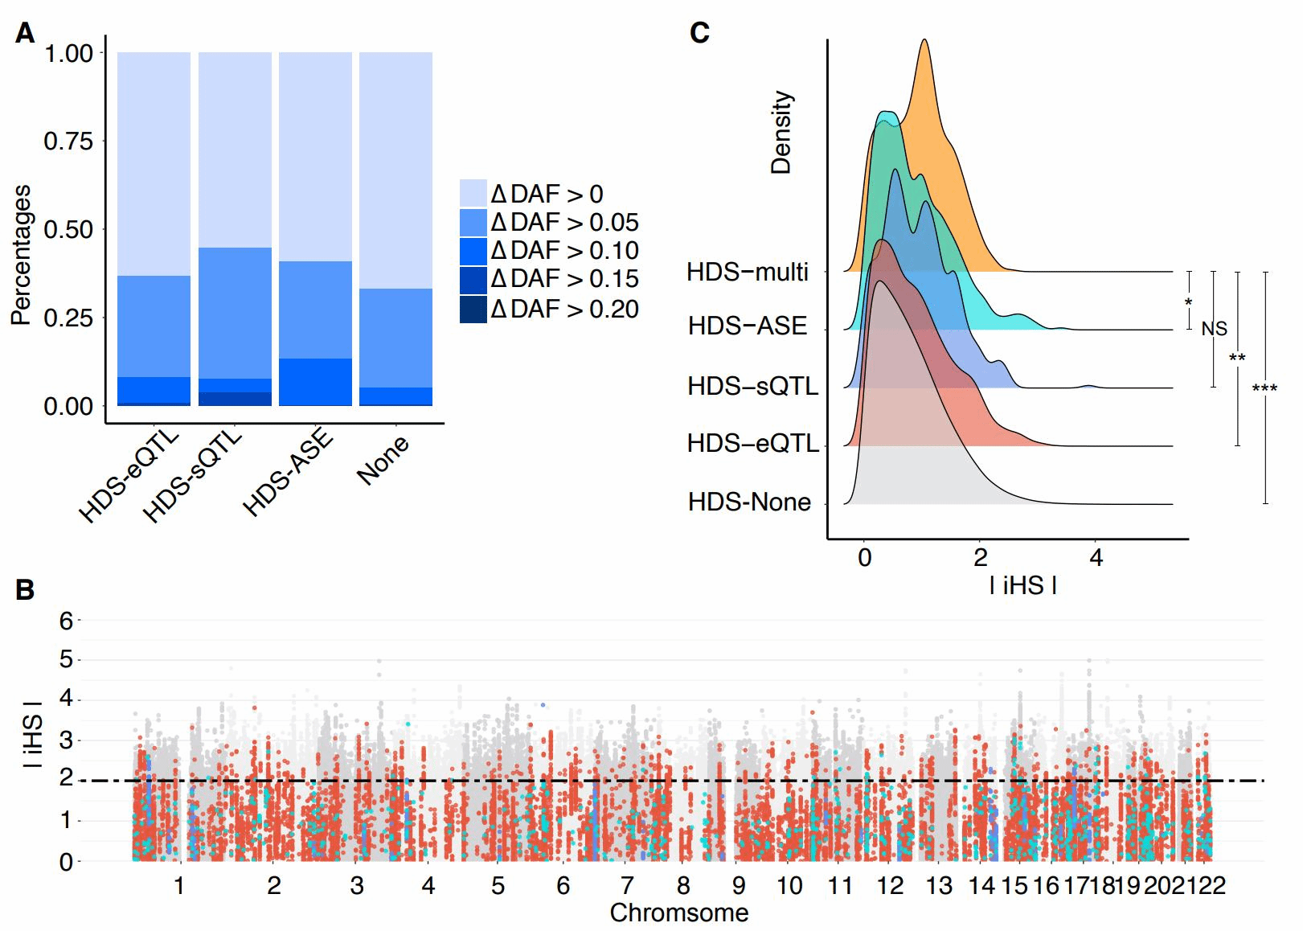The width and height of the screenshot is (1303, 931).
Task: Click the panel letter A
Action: click(25, 34)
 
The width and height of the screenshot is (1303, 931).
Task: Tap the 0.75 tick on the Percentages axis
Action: click(68, 141)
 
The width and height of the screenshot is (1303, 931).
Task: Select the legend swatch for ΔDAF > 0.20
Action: click(473, 310)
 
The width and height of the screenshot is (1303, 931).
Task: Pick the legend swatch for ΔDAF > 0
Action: click(473, 194)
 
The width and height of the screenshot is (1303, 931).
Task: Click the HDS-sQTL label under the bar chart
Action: click(193, 476)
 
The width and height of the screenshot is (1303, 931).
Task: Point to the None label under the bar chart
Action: click(383, 460)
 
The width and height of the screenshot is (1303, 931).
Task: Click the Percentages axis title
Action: click(21, 255)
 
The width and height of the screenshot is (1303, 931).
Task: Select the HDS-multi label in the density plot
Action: click(747, 273)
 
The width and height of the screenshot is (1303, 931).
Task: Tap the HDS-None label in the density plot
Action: click(749, 502)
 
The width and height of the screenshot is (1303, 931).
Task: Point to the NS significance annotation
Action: click(1214, 329)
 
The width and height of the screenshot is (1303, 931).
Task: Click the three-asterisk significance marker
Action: click(1264, 390)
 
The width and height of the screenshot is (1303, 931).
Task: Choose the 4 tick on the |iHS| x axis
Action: click(1096, 558)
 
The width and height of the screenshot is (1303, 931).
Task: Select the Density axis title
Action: click(781, 133)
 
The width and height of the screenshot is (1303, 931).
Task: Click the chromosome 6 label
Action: click(563, 886)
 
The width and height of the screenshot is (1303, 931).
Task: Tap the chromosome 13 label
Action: click(939, 886)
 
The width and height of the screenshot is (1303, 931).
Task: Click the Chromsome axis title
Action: click(679, 913)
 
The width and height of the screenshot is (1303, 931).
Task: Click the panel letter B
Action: click(25, 590)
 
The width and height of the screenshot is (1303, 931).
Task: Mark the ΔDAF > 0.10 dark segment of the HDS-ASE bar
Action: click(315, 382)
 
